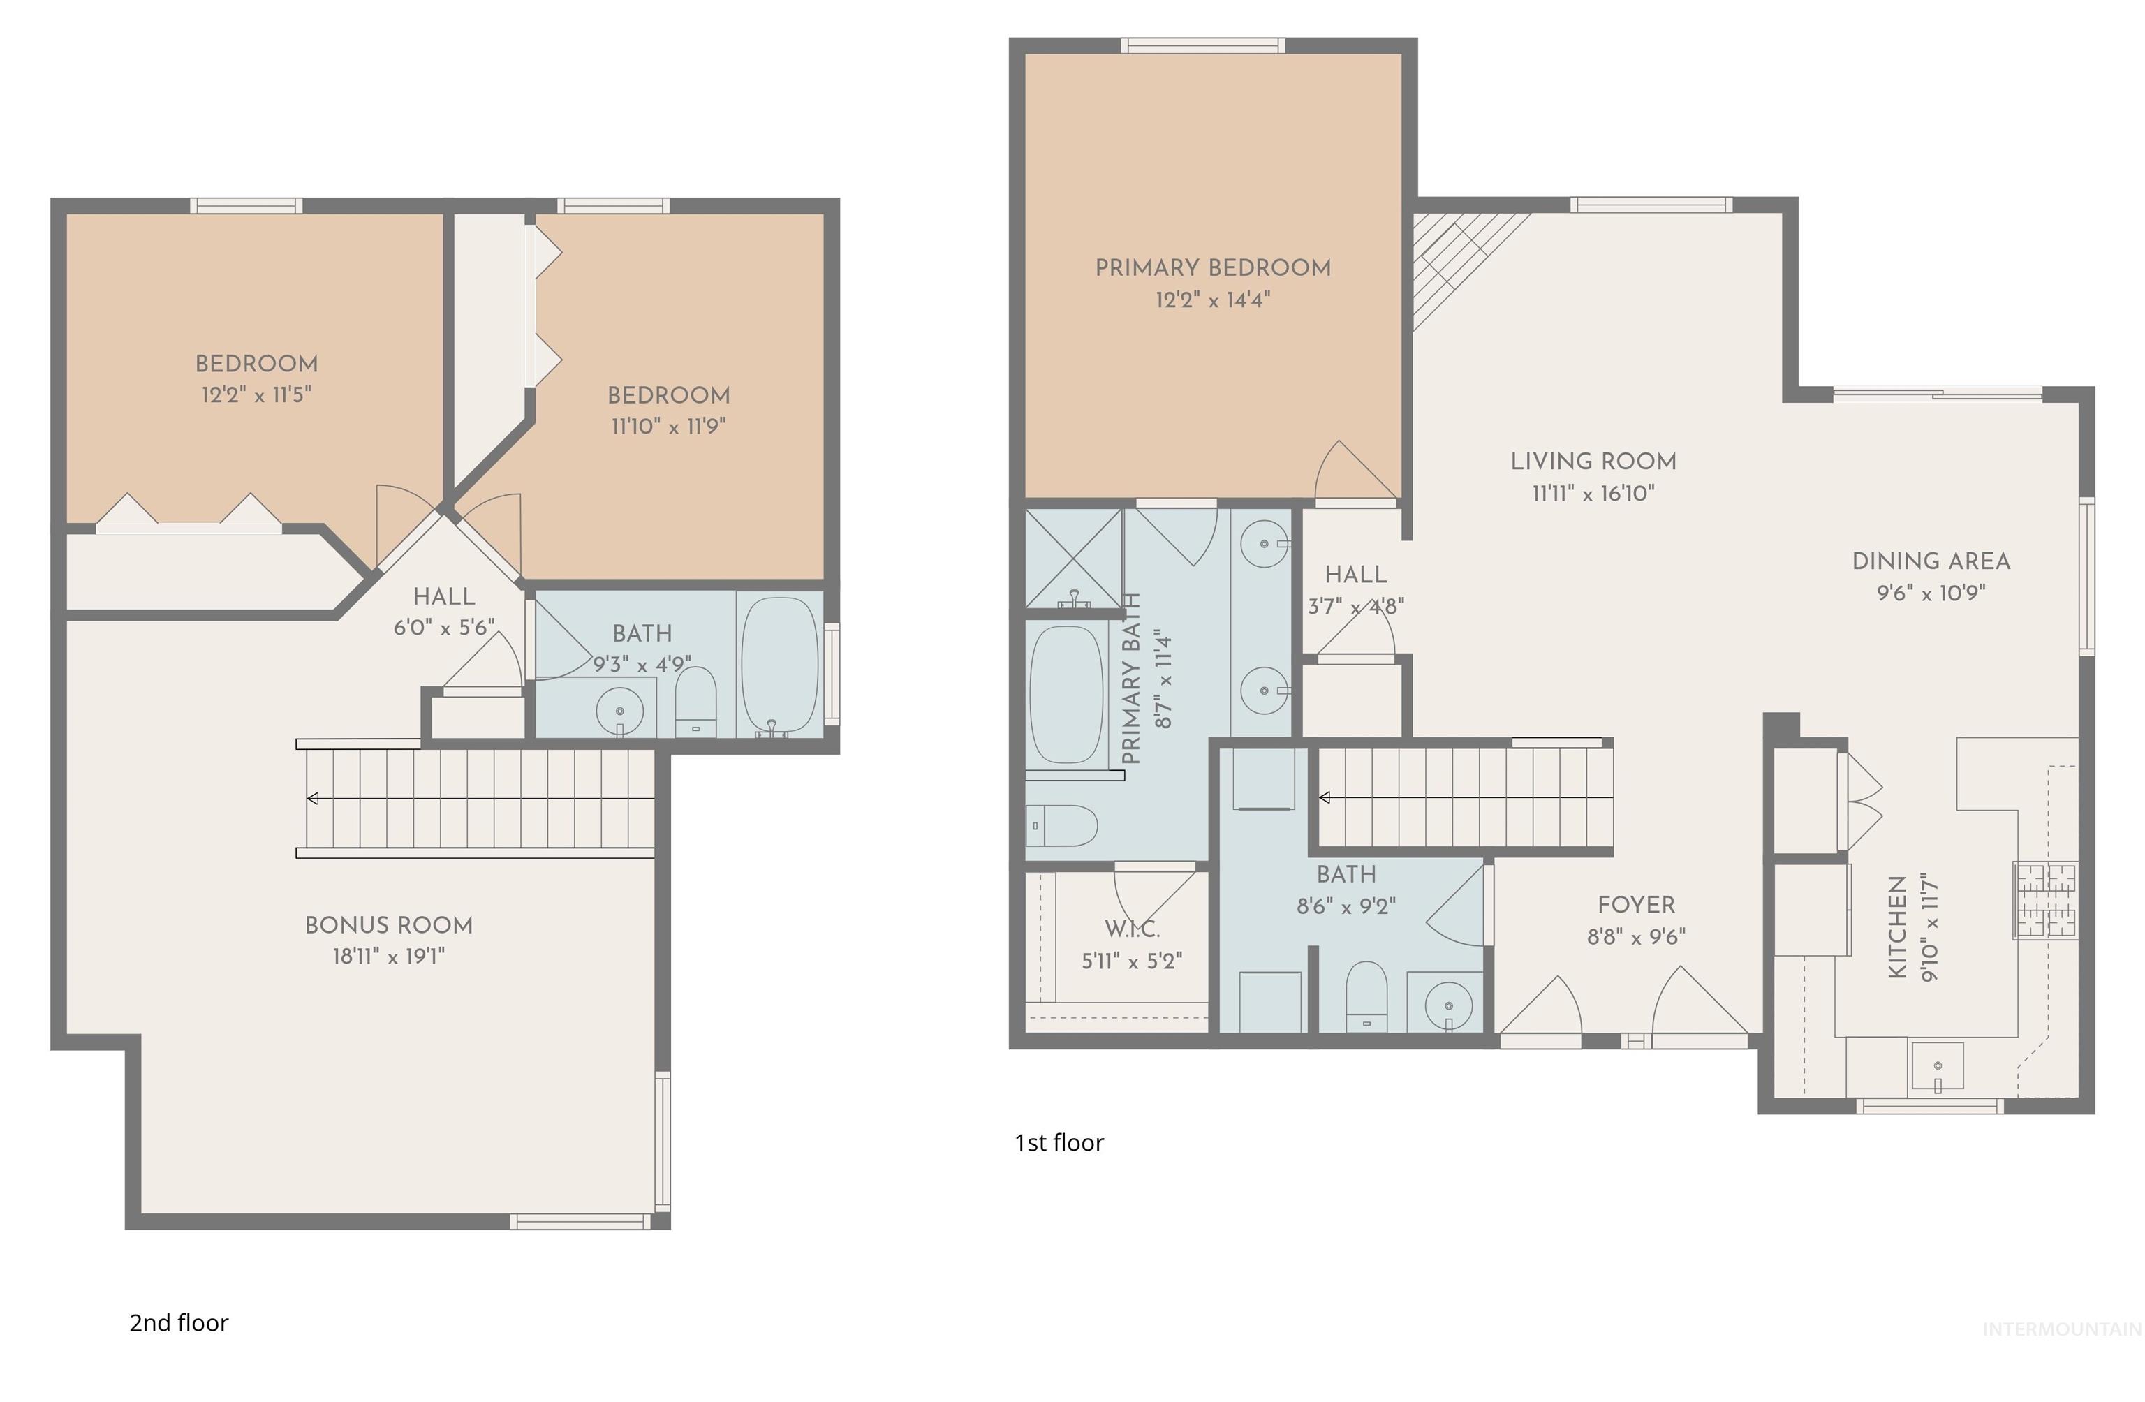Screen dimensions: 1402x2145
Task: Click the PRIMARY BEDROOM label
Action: click(1212, 267)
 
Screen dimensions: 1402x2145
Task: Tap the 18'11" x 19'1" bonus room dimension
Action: click(388, 956)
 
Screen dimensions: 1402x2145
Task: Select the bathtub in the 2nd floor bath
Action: click(780, 664)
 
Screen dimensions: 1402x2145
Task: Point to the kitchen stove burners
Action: click(2046, 900)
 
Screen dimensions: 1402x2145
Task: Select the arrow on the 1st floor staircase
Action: click(1325, 797)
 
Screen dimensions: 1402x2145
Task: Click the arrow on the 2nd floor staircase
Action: click(313, 798)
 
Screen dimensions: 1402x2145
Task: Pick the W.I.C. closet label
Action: click(1132, 929)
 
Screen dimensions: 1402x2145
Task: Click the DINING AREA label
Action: click(1931, 561)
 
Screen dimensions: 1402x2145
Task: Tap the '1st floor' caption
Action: click(1059, 1142)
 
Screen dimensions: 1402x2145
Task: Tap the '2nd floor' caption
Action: click(179, 1322)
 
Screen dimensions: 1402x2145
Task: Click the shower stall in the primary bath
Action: click(1073, 558)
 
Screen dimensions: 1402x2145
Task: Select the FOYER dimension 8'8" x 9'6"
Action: click(1636, 937)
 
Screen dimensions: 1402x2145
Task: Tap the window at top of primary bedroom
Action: click(1203, 45)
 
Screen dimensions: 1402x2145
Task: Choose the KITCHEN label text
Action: click(1897, 927)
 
